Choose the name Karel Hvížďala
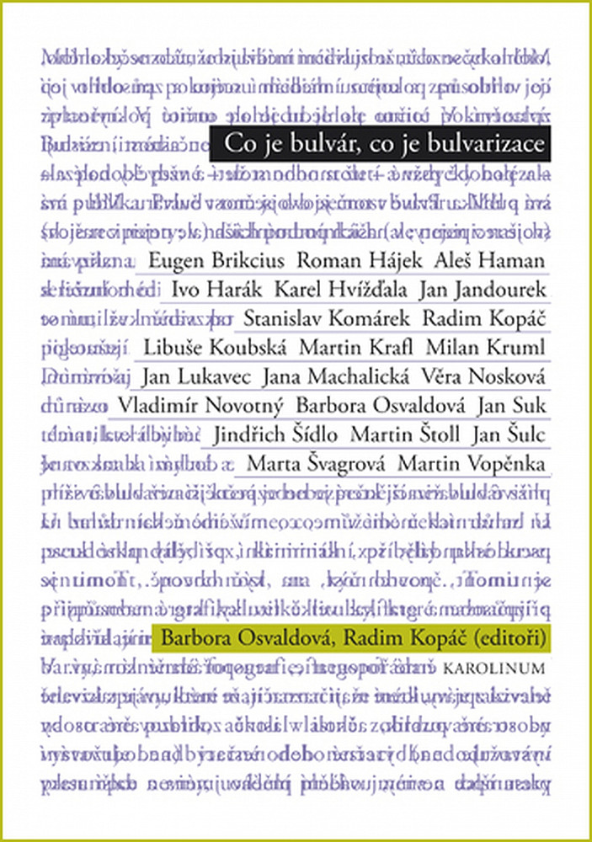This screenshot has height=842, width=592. (x=340, y=290)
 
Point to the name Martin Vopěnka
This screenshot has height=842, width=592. (x=472, y=464)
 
